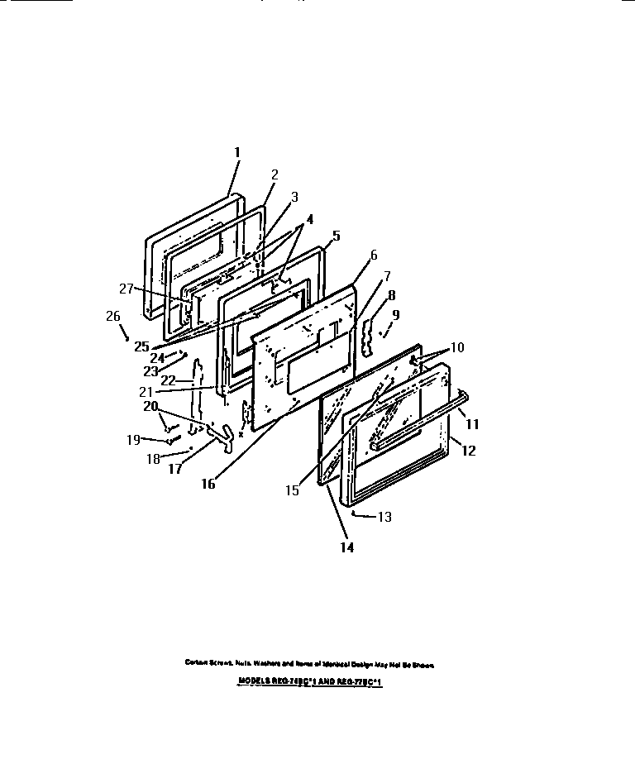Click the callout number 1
(x=236, y=152)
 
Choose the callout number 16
(x=208, y=484)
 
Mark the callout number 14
(x=347, y=547)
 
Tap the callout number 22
(x=169, y=380)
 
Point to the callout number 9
(x=396, y=314)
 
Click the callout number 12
(x=468, y=451)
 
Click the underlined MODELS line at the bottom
(x=310, y=684)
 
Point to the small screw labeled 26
(x=126, y=337)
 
